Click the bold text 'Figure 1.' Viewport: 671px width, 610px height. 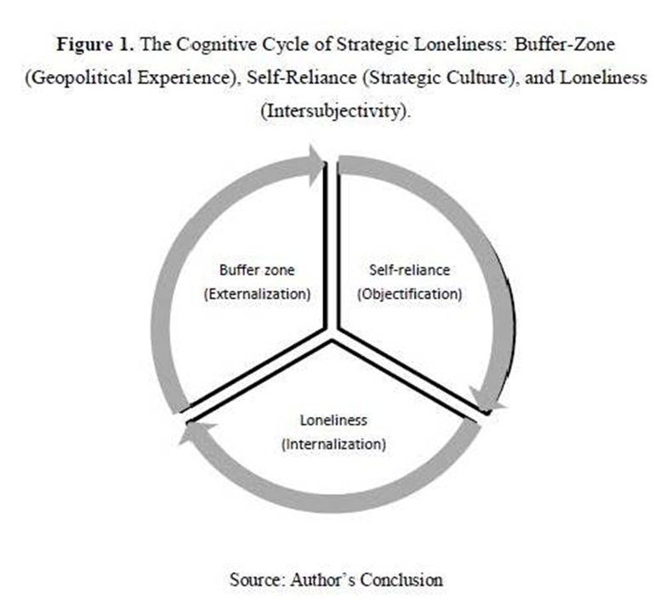click(95, 44)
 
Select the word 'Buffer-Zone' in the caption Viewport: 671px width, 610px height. click(565, 44)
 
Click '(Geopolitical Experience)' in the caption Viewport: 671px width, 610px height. click(130, 78)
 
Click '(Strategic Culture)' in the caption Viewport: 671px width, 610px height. click(440, 78)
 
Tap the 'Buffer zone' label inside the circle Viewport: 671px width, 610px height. click(257, 270)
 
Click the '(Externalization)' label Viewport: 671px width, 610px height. click(257, 294)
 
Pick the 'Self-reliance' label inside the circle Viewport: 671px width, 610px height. click(410, 270)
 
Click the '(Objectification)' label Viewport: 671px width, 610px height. click(410, 294)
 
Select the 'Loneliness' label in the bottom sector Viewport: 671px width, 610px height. click(333, 420)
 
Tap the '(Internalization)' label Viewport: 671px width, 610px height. click(333, 444)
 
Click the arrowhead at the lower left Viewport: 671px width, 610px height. click(195, 432)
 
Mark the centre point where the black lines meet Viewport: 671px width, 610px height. click(332, 334)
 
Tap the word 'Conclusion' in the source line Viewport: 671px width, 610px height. click(401, 580)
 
